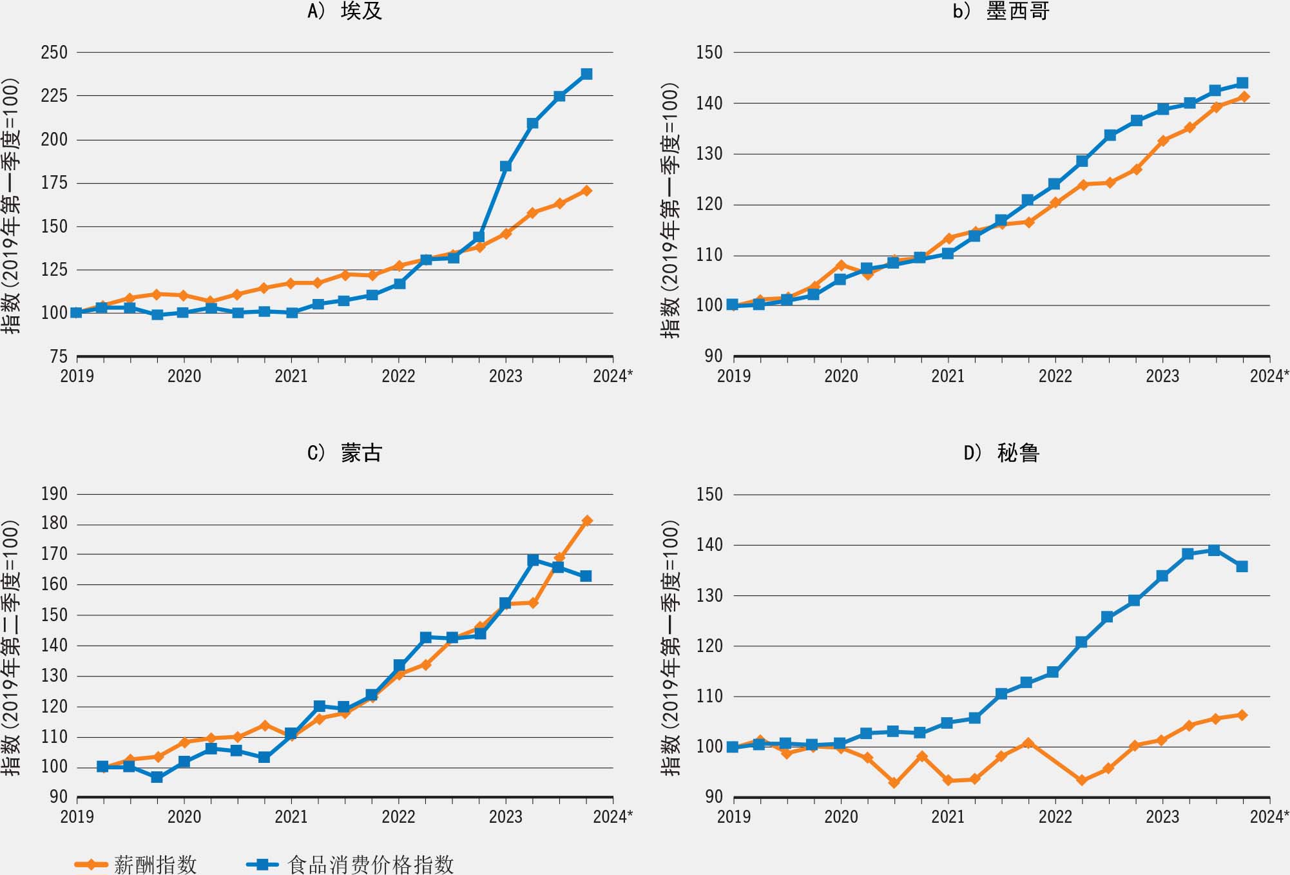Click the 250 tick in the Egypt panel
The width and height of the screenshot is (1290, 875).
[54, 53]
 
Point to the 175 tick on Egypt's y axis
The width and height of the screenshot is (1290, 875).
[54, 183]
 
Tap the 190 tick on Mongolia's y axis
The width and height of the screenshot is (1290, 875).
[54, 494]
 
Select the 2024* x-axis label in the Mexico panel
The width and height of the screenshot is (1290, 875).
[1269, 376]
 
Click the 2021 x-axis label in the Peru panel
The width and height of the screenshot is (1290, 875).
[948, 817]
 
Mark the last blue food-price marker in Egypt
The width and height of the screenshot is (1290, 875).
[586, 74]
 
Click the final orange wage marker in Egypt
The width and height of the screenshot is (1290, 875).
[586, 191]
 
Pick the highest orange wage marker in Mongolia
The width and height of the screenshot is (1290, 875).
[586, 521]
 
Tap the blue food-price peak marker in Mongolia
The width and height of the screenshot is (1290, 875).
[533, 561]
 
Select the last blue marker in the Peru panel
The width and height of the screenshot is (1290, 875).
[1242, 566]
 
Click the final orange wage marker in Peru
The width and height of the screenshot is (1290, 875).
[1242, 715]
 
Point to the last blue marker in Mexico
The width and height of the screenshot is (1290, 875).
[1242, 83]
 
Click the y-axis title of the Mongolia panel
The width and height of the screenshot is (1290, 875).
[12, 648]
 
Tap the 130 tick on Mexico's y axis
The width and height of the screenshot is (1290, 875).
[709, 154]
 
